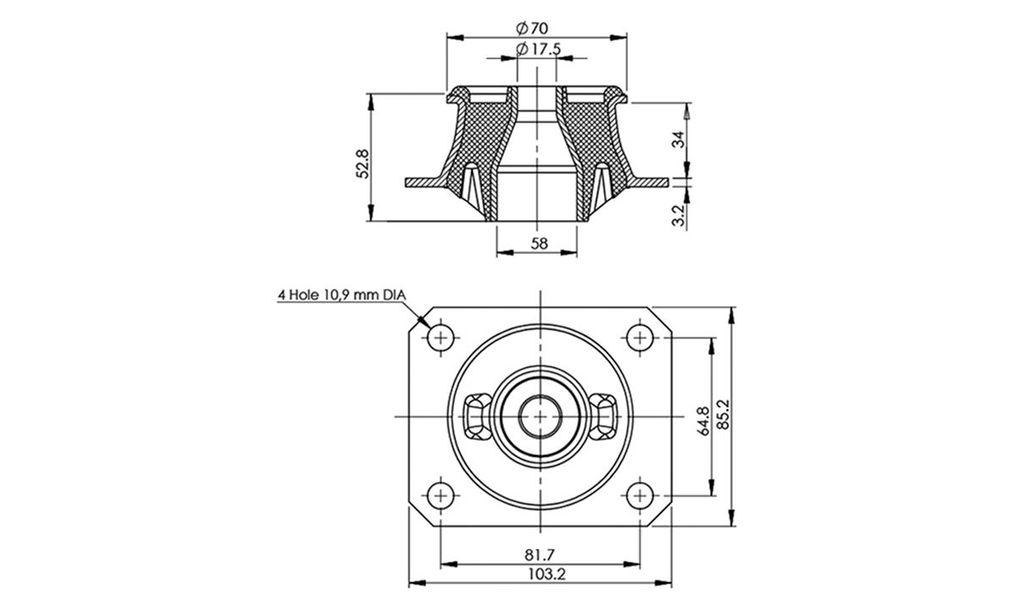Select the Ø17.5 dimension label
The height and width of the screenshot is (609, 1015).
click(x=538, y=49)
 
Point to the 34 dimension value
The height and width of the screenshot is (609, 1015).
click(x=678, y=140)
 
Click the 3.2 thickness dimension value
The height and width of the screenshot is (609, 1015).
click(x=678, y=212)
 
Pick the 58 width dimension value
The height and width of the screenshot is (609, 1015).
click(x=539, y=244)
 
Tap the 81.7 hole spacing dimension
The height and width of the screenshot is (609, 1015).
click(x=539, y=555)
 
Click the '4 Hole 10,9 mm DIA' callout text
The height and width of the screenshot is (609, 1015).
click(x=342, y=295)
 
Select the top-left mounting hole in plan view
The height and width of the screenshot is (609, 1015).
click(x=440, y=338)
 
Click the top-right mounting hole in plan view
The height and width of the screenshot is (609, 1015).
click(x=639, y=338)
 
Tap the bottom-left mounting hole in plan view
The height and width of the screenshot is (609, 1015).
click(x=440, y=494)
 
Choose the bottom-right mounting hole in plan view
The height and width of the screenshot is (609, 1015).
click(x=639, y=494)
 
